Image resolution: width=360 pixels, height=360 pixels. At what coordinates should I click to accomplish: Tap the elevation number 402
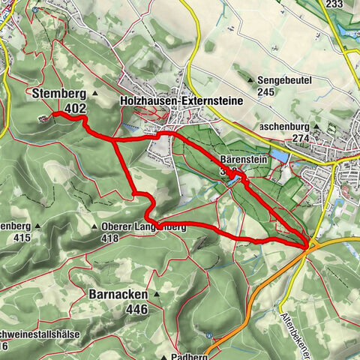74,109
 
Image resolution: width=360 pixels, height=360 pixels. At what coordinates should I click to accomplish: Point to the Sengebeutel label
285,78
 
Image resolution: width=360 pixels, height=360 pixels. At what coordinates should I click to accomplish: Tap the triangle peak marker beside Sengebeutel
253,78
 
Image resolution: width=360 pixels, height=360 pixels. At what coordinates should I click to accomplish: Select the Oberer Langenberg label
142,226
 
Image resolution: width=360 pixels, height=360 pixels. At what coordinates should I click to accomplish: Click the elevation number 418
110,238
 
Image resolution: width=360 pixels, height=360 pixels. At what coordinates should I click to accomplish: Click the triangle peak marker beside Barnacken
157,294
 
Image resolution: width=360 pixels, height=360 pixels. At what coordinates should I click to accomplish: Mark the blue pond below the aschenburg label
277,155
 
